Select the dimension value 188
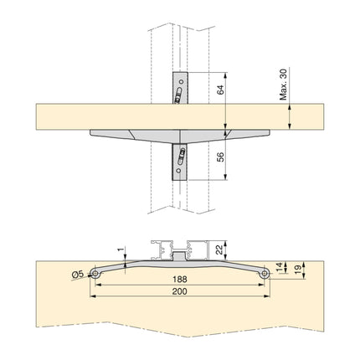[x=179, y=279]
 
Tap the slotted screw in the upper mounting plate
[x=179, y=97]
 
